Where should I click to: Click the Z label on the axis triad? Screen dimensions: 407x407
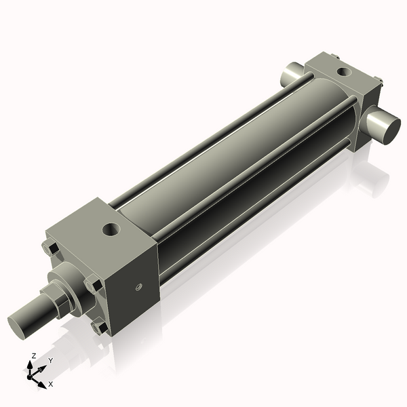point(34,355)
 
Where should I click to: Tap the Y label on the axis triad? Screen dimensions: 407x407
point(51,361)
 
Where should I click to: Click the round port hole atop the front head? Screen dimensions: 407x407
point(111,230)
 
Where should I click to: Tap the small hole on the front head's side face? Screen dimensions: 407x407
point(139,287)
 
